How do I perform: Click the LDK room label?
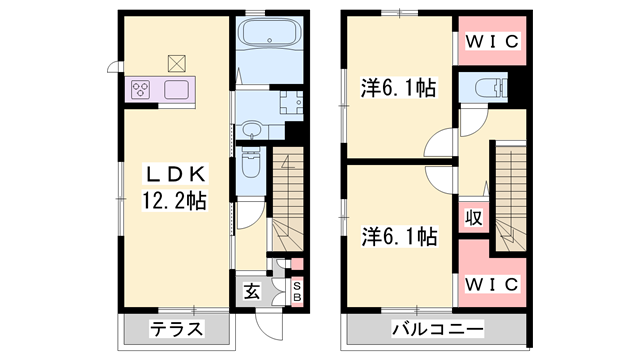click(x=171, y=171)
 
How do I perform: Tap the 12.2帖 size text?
click(x=171, y=201)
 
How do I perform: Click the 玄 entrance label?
click(x=250, y=292)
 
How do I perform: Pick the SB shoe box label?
click(x=296, y=291)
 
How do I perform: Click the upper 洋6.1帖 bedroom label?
click(x=398, y=89)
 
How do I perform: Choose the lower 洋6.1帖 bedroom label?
click(x=398, y=237)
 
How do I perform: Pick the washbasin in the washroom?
click(x=250, y=128)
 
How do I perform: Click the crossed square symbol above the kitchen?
click(x=177, y=63)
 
